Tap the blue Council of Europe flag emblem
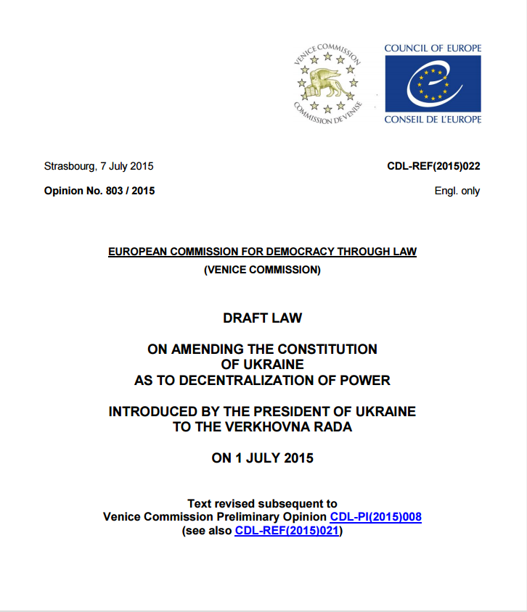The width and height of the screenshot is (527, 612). [x=433, y=83]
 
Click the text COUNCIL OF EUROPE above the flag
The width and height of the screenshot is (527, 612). [x=433, y=49]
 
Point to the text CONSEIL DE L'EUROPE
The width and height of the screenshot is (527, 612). [x=433, y=119]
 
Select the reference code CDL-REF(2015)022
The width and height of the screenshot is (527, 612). [x=433, y=166]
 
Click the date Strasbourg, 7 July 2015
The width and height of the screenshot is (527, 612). [x=99, y=166]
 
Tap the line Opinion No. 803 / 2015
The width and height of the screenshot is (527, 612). [x=99, y=191]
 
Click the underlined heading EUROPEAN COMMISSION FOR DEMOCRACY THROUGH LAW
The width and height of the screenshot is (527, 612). [x=262, y=252]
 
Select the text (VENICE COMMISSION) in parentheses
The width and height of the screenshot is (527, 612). [x=262, y=270]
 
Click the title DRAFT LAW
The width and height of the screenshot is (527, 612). [x=262, y=318]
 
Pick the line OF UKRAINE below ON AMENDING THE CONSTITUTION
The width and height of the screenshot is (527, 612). [x=262, y=364]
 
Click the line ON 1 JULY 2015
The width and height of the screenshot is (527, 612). [x=262, y=458]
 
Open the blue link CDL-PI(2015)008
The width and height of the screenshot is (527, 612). [x=375, y=517]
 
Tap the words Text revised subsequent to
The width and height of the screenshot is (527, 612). [x=262, y=503]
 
